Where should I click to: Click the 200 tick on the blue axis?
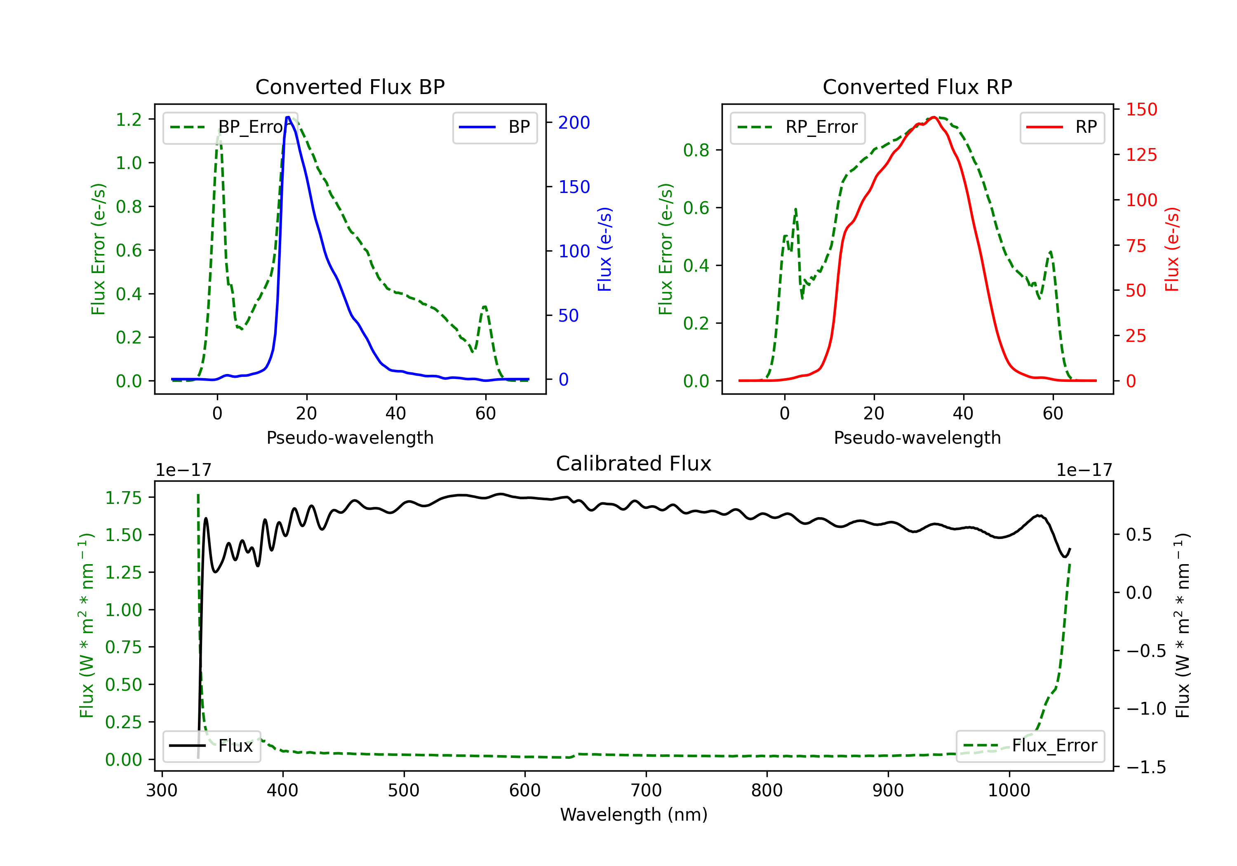pyautogui.click(x=574, y=123)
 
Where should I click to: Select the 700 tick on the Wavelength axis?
pyautogui.click(x=646, y=791)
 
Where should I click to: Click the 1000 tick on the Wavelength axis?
pyautogui.click(x=1009, y=791)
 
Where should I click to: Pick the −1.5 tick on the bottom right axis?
pyautogui.click(x=1145, y=767)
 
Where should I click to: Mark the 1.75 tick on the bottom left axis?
pyautogui.click(x=123, y=498)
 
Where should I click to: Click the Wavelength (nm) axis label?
pyautogui.click(x=634, y=815)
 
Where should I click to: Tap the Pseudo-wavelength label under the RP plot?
pyautogui.click(x=917, y=438)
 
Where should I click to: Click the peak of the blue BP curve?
pyautogui.click(x=288, y=117)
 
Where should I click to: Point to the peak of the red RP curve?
pyautogui.click(x=934, y=117)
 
